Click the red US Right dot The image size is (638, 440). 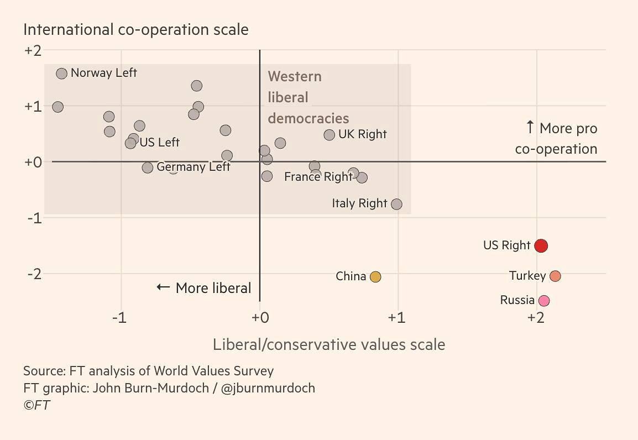coord(541,245)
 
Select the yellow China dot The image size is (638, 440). coord(375,277)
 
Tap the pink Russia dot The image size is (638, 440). coord(543,301)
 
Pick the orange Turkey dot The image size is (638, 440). coord(555,276)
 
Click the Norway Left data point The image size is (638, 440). coord(61,74)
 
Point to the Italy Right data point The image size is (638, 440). coord(396,204)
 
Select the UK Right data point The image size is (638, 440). coord(329,135)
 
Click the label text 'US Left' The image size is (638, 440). coord(159,143)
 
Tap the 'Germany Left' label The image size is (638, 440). coord(194,167)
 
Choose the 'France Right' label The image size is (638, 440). coord(318,177)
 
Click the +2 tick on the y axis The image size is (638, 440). coord(33,51)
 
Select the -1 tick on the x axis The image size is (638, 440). coord(119,318)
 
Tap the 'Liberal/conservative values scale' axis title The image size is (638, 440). coord(328,345)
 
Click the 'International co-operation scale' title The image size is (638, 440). coord(135,29)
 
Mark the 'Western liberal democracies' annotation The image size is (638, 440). coord(308,97)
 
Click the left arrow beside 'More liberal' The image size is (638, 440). coord(163,287)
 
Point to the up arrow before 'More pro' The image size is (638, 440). coord(530,128)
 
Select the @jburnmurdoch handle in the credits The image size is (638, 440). coord(268,388)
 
